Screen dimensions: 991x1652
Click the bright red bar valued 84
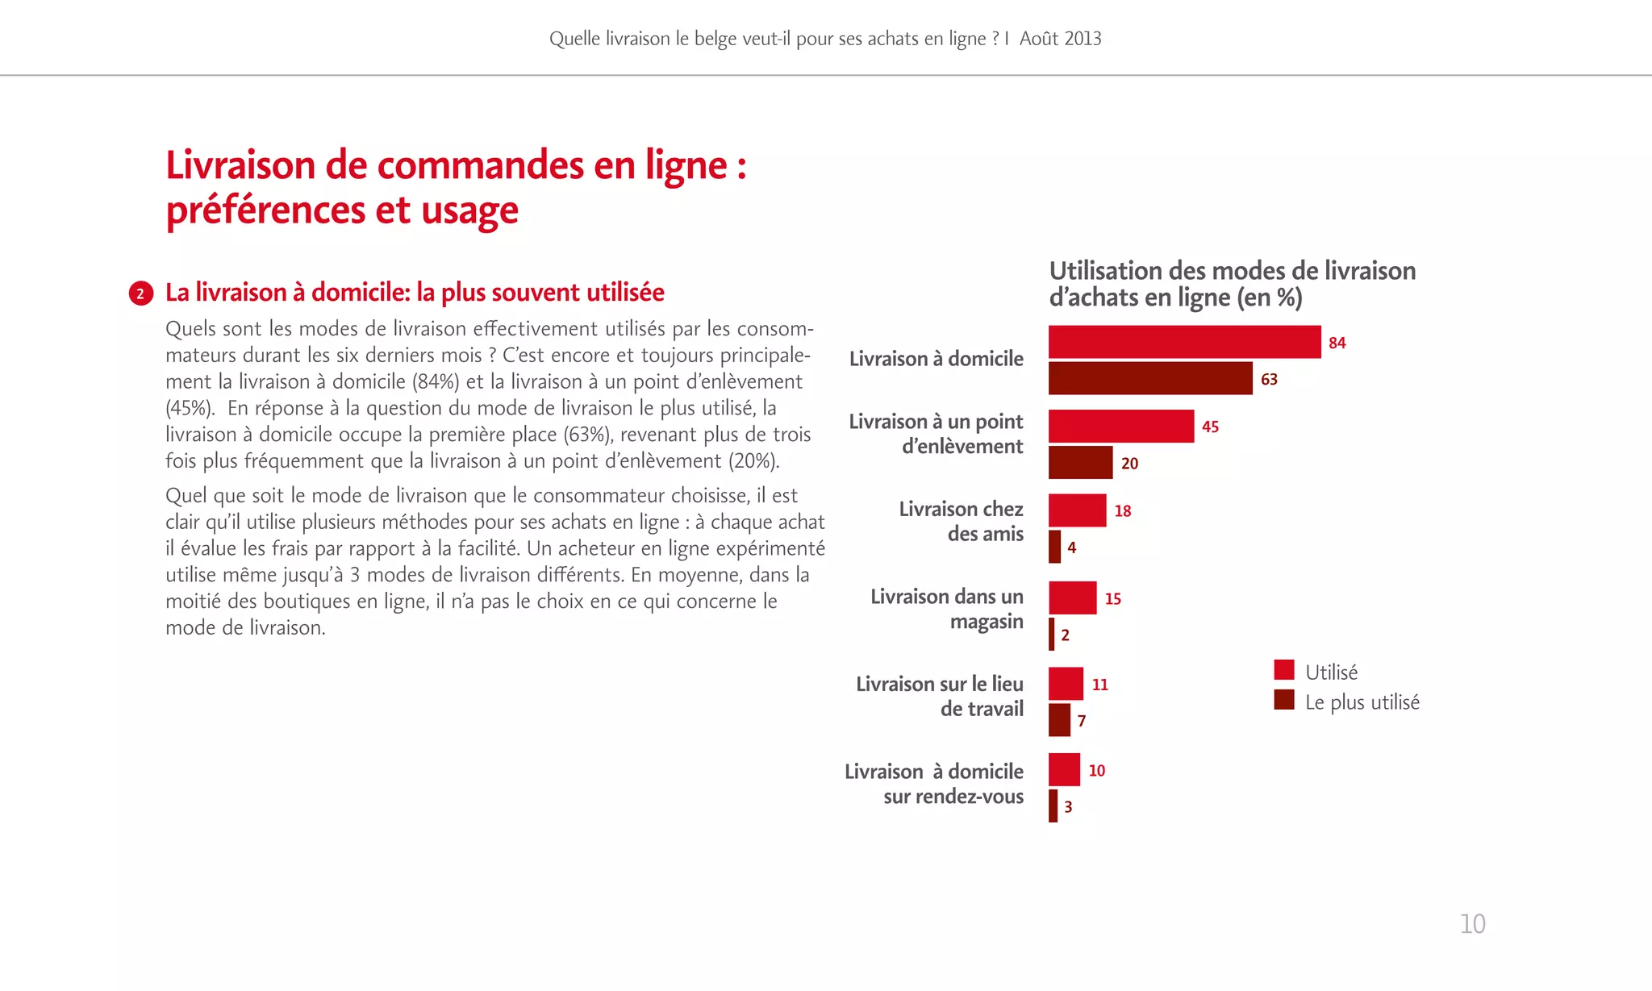point(1184,342)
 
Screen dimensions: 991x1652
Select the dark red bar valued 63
point(1150,378)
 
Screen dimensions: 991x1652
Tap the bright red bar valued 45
point(1121,426)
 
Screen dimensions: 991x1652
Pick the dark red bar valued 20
point(1080,463)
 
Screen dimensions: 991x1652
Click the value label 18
point(1123,511)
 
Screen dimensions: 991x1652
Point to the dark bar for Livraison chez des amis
point(1054,547)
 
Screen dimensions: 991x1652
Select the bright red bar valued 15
point(1072,598)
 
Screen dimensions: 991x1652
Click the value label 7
point(1082,721)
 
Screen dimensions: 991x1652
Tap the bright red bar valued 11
point(1066,684)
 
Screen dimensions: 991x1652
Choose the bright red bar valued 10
point(1064,770)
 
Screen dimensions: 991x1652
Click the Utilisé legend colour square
point(1284,670)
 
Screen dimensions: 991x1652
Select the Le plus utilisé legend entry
point(1362,702)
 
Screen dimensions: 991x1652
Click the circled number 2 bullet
point(140,294)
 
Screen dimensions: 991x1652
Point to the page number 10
point(1472,924)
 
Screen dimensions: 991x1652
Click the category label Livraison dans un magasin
point(947,609)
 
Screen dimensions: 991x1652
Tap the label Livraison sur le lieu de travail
point(941,696)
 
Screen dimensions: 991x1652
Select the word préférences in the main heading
point(265,210)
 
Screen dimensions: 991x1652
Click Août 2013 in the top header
point(1060,39)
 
